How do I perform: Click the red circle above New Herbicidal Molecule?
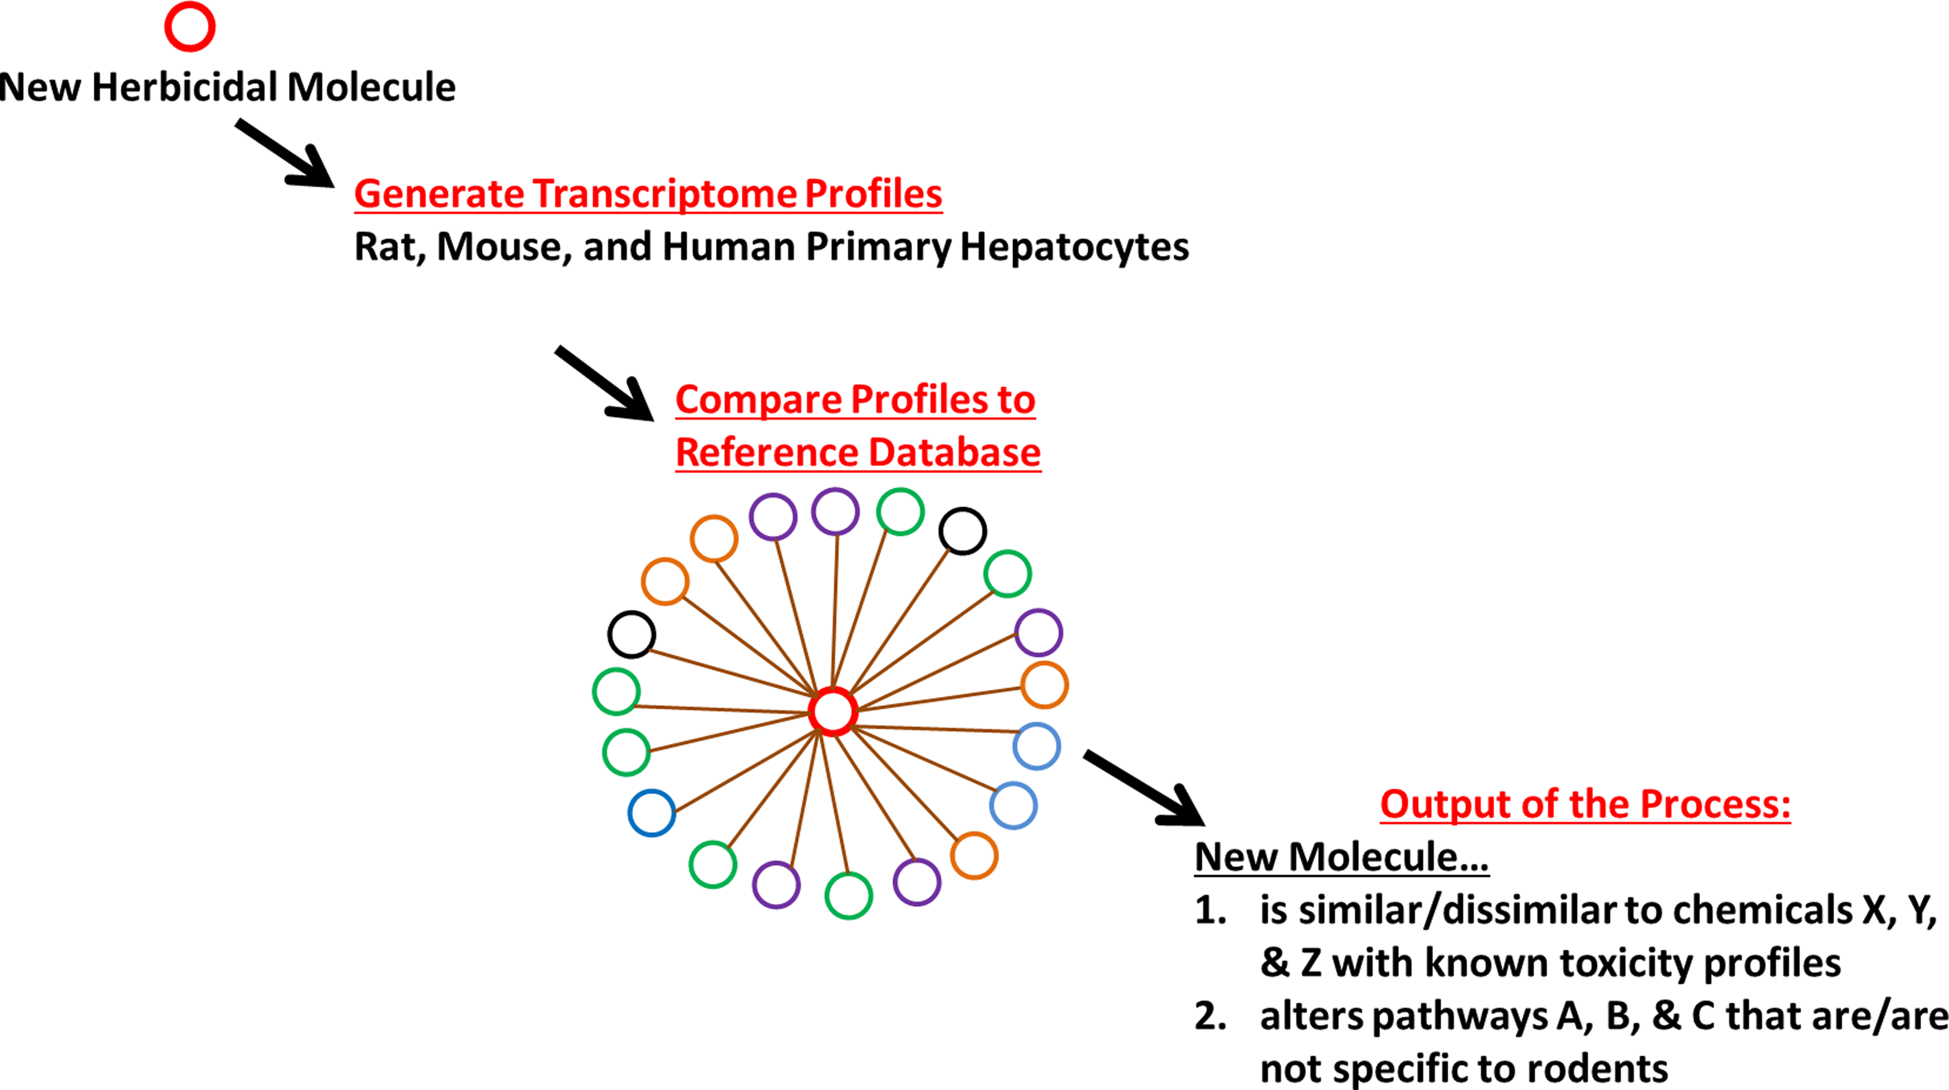click(x=190, y=27)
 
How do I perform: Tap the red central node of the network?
click(x=833, y=711)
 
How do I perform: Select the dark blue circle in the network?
click(x=652, y=813)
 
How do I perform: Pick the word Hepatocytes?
click(x=1074, y=247)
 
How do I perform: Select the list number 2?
click(x=1210, y=1016)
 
